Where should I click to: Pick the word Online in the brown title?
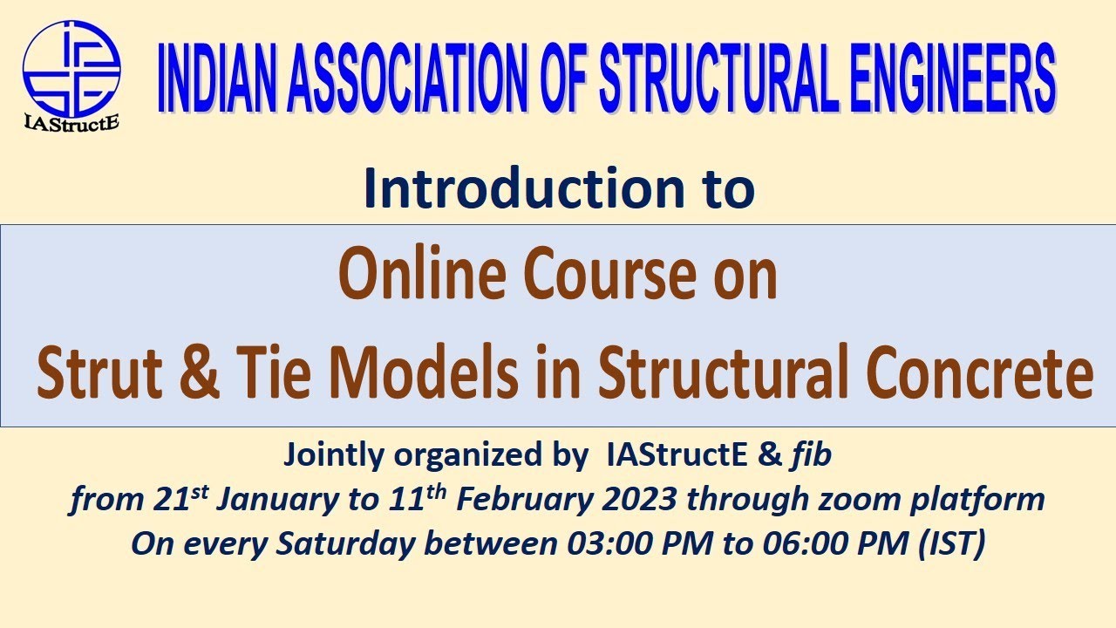(411, 275)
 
